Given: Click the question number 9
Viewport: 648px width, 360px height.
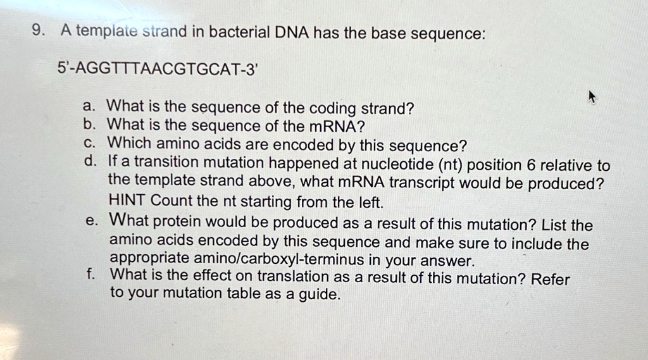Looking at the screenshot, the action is point(38,30).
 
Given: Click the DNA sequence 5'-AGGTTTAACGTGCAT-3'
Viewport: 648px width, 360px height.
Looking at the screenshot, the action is point(158,68).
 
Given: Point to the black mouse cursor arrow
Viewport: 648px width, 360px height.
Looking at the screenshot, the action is point(592,97).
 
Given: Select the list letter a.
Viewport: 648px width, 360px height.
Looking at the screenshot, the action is point(89,106).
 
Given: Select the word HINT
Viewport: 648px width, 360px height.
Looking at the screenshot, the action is point(127,200).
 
